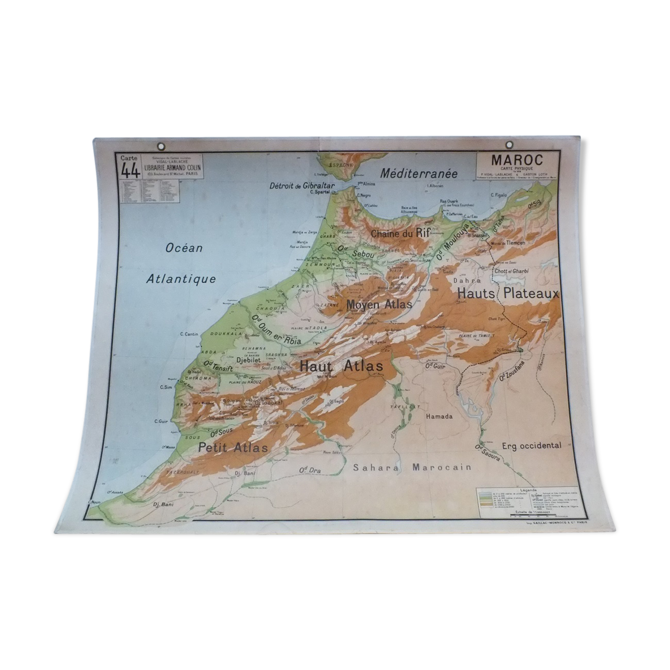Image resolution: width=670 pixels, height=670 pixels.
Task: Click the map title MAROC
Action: pyautogui.click(x=517, y=160)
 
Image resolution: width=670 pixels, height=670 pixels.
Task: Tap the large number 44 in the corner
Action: pyautogui.click(x=130, y=171)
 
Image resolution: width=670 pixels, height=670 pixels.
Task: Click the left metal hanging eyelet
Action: pyautogui.click(x=160, y=147)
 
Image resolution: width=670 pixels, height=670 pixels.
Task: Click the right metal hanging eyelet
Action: pyautogui.click(x=510, y=145)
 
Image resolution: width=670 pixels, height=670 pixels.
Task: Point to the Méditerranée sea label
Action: pyautogui.click(x=418, y=173)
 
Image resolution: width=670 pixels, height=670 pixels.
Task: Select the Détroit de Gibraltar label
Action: pyautogui.click(x=302, y=186)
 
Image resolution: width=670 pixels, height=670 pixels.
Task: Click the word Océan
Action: pyautogui.click(x=184, y=248)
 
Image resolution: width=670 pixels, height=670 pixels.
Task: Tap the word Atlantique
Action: pyautogui.click(x=181, y=279)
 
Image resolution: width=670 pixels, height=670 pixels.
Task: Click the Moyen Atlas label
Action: pyautogui.click(x=379, y=304)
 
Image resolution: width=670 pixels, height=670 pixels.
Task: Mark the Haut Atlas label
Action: pyautogui.click(x=341, y=366)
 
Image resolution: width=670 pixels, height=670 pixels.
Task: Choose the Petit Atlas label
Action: pyautogui.click(x=233, y=447)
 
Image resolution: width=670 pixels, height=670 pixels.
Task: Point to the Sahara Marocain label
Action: pyautogui.click(x=412, y=467)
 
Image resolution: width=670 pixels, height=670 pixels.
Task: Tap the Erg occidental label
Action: pyautogui.click(x=531, y=445)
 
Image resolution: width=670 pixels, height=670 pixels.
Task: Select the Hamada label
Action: pyautogui.click(x=439, y=417)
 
